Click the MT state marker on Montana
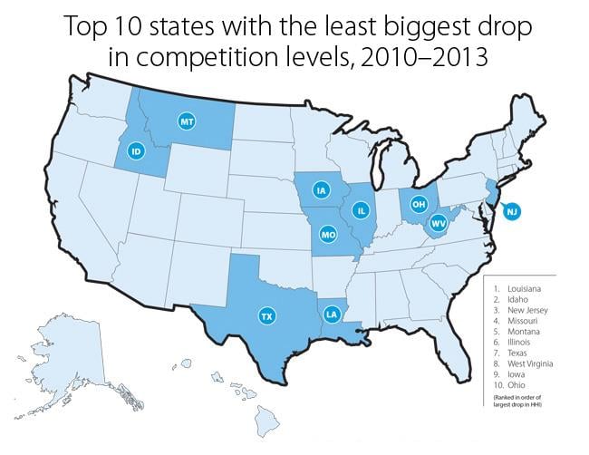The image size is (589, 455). pyautogui.click(x=188, y=121)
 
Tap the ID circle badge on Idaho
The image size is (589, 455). pyautogui.click(x=137, y=151)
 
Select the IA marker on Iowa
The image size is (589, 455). pyautogui.click(x=320, y=190)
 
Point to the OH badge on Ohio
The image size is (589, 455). pyautogui.click(x=418, y=205)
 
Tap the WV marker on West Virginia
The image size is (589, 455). pyautogui.click(x=438, y=223)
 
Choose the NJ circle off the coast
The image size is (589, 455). pyautogui.click(x=512, y=212)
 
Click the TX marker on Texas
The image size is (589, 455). pyautogui.click(x=266, y=316)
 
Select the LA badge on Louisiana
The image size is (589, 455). pyautogui.click(x=332, y=315)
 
